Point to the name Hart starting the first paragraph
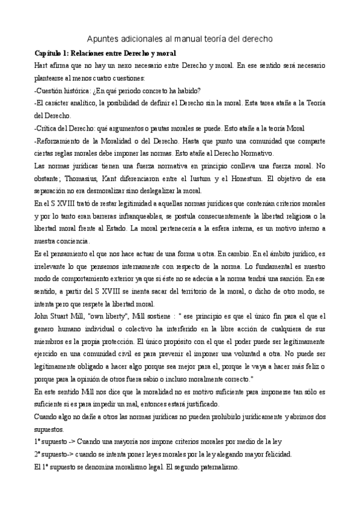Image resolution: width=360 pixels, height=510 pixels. (x=42, y=65)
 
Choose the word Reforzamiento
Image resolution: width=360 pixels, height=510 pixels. (x=61, y=140)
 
